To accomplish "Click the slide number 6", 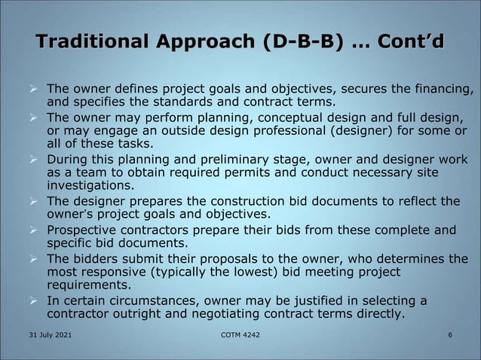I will (450, 334).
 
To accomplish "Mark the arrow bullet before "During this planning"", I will (33, 160).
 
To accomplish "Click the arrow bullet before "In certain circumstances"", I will (33, 301).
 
